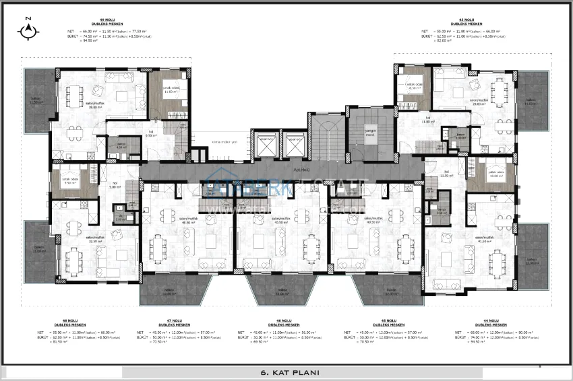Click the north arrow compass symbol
pos(28,29)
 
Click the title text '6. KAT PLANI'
pos(288,372)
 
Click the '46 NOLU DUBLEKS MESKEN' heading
pos(282,323)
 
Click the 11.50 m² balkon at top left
pos(36,100)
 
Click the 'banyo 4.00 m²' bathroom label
pos(122,145)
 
